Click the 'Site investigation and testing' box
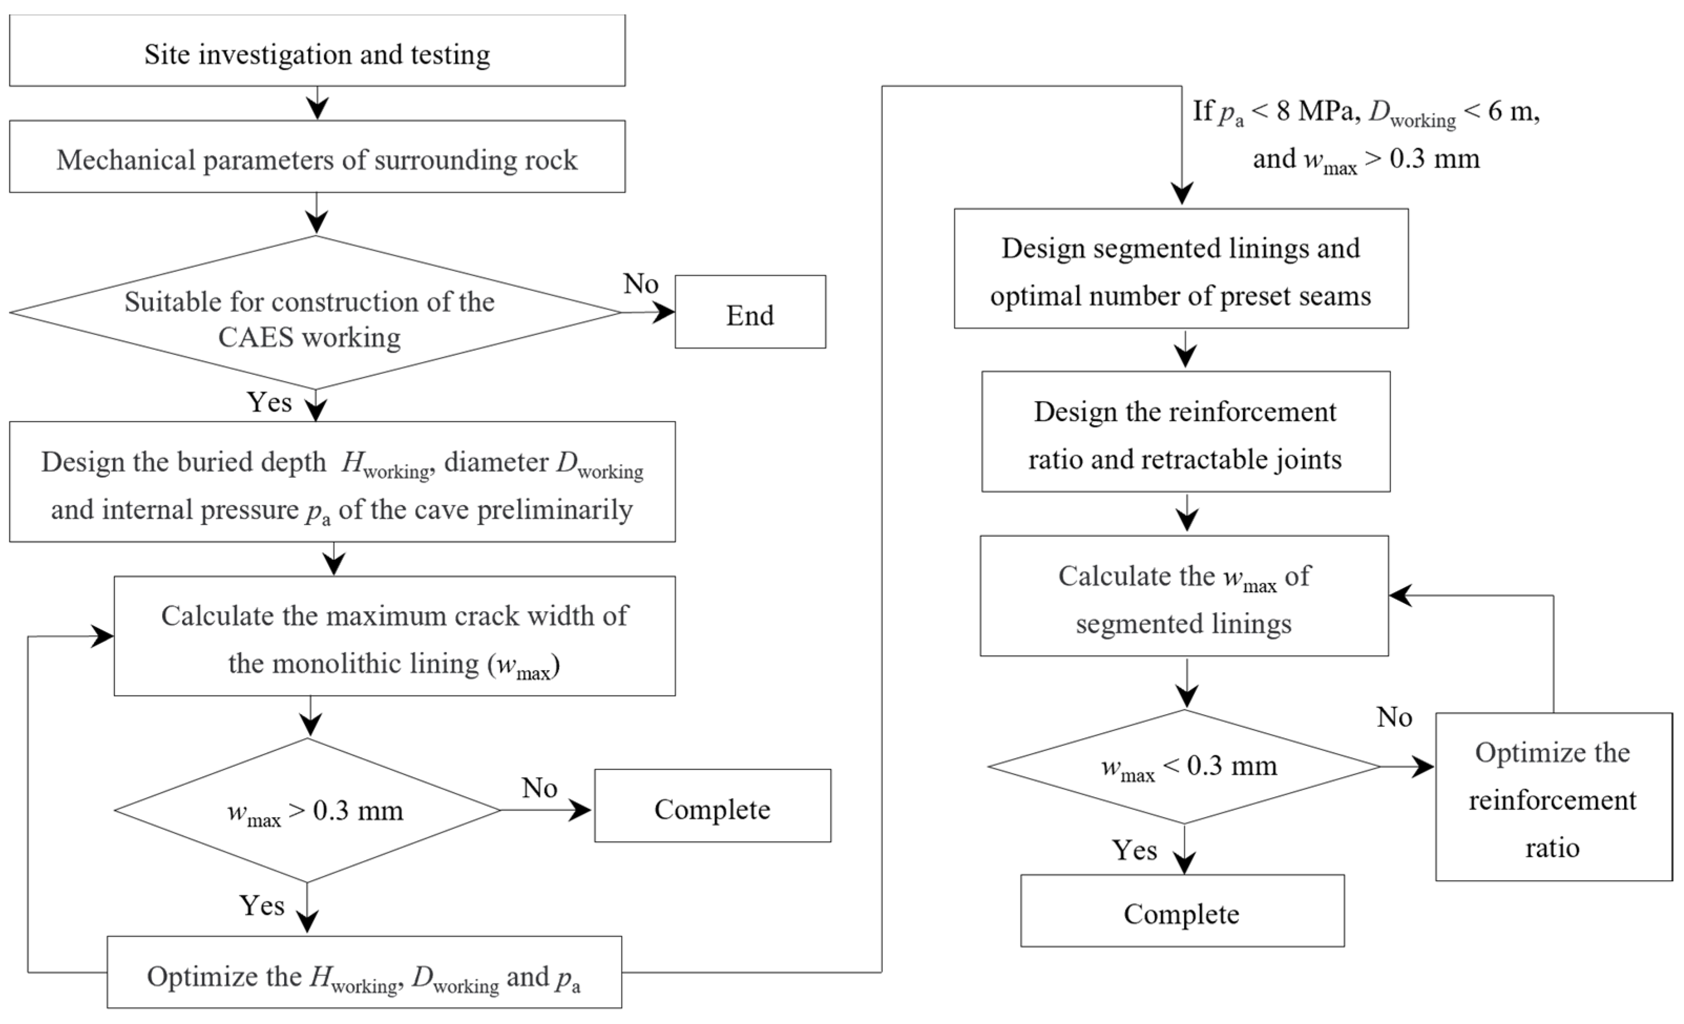tap(317, 50)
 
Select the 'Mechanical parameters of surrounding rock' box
tap(317, 156)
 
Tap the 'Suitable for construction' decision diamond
tap(316, 312)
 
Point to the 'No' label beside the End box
tap(640, 283)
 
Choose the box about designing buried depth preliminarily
tap(342, 482)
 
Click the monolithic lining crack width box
tap(394, 636)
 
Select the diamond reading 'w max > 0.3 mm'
tap(308, 810)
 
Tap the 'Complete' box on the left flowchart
tap(713, 805)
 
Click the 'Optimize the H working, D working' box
tap(364, 972)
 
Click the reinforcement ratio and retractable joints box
tap(1186, 431)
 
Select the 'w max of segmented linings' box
tap(1184, 596)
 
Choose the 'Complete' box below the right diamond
tap(1182, 911)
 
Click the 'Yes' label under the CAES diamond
tap(269, 402)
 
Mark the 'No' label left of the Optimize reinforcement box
tap(1394, 717)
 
